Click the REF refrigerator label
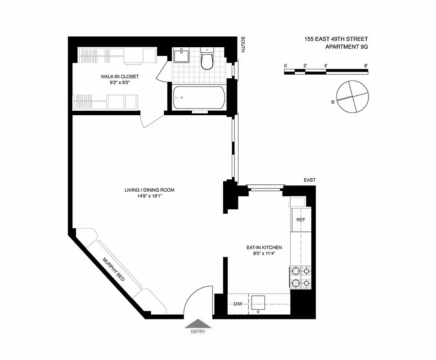[301, 220]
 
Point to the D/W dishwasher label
[238, 304]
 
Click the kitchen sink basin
[259, 302]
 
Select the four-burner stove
[300, 277]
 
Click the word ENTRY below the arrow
[198, 332]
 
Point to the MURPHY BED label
[113, 269]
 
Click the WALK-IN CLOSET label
[120, 76]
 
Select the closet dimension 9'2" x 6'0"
[120, 83]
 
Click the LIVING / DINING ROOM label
[149, 190]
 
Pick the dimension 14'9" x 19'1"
[149, 196]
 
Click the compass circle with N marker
[352, 97]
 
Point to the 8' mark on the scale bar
[366, 66]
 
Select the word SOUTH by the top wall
[243, 45]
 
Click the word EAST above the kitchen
[310, 180]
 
